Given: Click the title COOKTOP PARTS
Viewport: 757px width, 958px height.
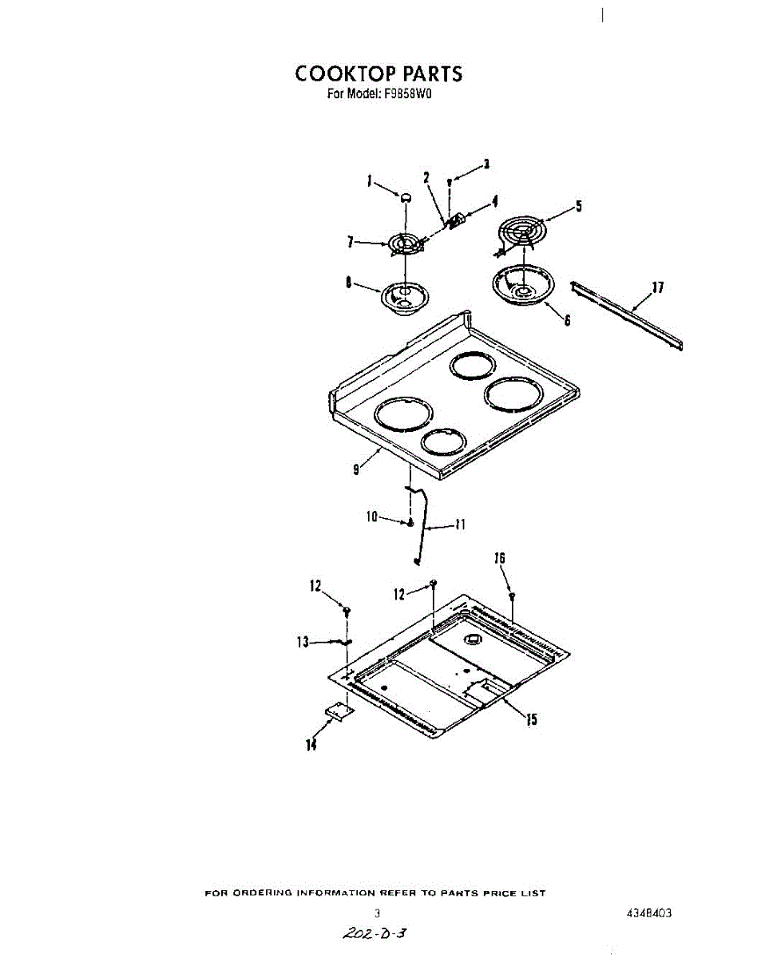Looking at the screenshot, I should (378, 73).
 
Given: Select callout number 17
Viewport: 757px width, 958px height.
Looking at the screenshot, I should (659, 288).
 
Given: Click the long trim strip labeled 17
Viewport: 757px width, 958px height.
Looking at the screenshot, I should (627, 314).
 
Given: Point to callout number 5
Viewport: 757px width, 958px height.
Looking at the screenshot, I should (578, 206).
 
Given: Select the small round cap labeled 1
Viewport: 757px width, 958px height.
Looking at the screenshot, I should (406, 196).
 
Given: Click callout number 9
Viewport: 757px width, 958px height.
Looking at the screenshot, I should (357, 469).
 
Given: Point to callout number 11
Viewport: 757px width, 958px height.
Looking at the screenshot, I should (460, 525).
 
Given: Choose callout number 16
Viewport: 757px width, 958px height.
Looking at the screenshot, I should (501, 559).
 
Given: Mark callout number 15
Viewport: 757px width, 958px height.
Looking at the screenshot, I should (531, 719).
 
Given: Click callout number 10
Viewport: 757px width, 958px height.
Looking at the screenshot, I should (371, 517).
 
